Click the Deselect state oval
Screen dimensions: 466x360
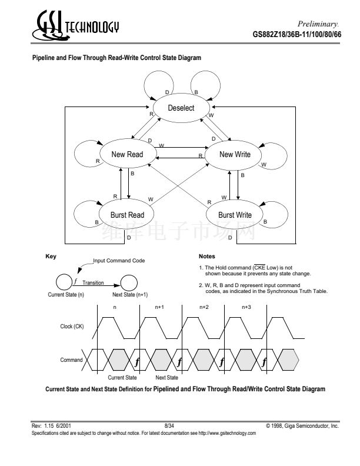(x=181, y=108)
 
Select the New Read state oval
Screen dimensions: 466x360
(x=127, y=155)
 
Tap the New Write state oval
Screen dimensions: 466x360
(x=235, y=155)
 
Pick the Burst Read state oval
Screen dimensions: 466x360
(x=127, y=215)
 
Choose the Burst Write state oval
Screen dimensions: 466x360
(x=235, y=215)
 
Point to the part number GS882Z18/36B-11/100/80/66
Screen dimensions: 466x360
(x=295, y=35)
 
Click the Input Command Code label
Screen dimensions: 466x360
(x=119, y=260)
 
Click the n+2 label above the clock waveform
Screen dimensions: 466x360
(x=204, y=307)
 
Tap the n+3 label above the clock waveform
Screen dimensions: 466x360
(x=247, y=307)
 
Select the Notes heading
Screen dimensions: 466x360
(x=207, y=257)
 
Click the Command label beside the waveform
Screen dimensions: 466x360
(x=72, y=359)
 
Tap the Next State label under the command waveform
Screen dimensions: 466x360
(x=166, y=377)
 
